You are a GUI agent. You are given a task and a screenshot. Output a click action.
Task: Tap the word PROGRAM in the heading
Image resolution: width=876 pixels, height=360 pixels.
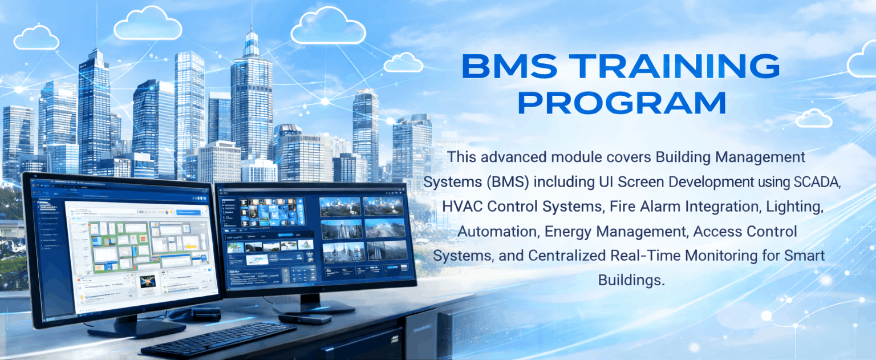pyautogui.click(x=625, y=103)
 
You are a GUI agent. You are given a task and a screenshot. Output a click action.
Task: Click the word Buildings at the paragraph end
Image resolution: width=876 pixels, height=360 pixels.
pyautogui.click(x=631, y=280)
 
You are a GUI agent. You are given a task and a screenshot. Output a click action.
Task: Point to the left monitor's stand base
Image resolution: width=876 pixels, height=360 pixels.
pyautogui.click(x=136, y=327)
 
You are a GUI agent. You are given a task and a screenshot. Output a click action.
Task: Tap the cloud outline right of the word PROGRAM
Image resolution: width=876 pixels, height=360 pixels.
pyautogui.click(x=813, y=118)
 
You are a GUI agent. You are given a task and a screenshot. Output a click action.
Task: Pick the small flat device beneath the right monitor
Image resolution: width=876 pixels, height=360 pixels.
pyautogui.click(x=305, y=318)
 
